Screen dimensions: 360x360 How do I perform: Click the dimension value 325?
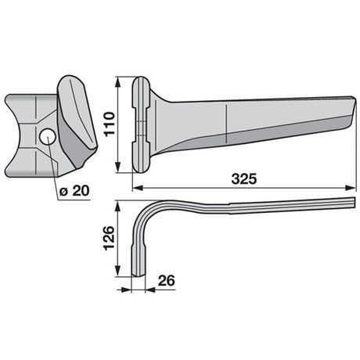(x=244, y=179)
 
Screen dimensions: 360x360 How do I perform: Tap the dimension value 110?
(x=110, y=124)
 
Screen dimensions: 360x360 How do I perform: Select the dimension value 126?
(x=110, y=239)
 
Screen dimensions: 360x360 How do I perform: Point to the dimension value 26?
(x=167, y=281)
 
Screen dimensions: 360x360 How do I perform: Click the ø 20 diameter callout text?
(x=74, y=191)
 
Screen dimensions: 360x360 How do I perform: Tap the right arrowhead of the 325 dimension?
(x=351, y=188)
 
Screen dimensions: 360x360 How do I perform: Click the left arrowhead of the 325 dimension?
(x=138, y=188)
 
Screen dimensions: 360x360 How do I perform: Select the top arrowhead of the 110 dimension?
(x=118, y=82)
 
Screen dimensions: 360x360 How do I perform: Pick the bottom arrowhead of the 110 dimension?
(x=118, y=167)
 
